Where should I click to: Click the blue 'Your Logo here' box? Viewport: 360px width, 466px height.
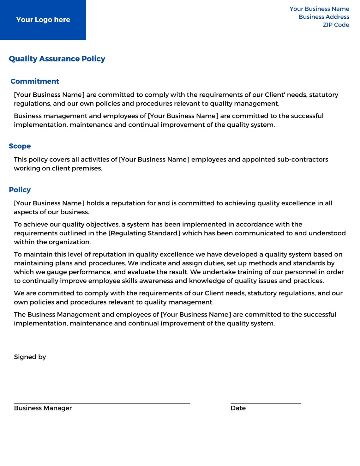43,20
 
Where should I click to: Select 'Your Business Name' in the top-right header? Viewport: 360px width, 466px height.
319,9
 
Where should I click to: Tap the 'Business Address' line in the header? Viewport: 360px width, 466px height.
324,17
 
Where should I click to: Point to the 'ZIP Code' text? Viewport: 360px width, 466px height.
336,25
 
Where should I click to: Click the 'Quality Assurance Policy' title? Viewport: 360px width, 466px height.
57,59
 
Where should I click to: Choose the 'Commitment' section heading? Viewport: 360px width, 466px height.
35,81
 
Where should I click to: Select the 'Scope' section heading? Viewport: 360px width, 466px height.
20,146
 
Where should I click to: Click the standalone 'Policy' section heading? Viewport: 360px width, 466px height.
20,190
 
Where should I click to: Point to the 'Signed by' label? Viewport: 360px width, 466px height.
30,357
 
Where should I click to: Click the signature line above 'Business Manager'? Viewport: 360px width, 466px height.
102,403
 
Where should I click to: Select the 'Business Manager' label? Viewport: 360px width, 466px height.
43,408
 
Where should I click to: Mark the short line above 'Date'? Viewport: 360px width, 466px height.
266,403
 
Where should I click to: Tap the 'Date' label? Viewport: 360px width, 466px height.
238,408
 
